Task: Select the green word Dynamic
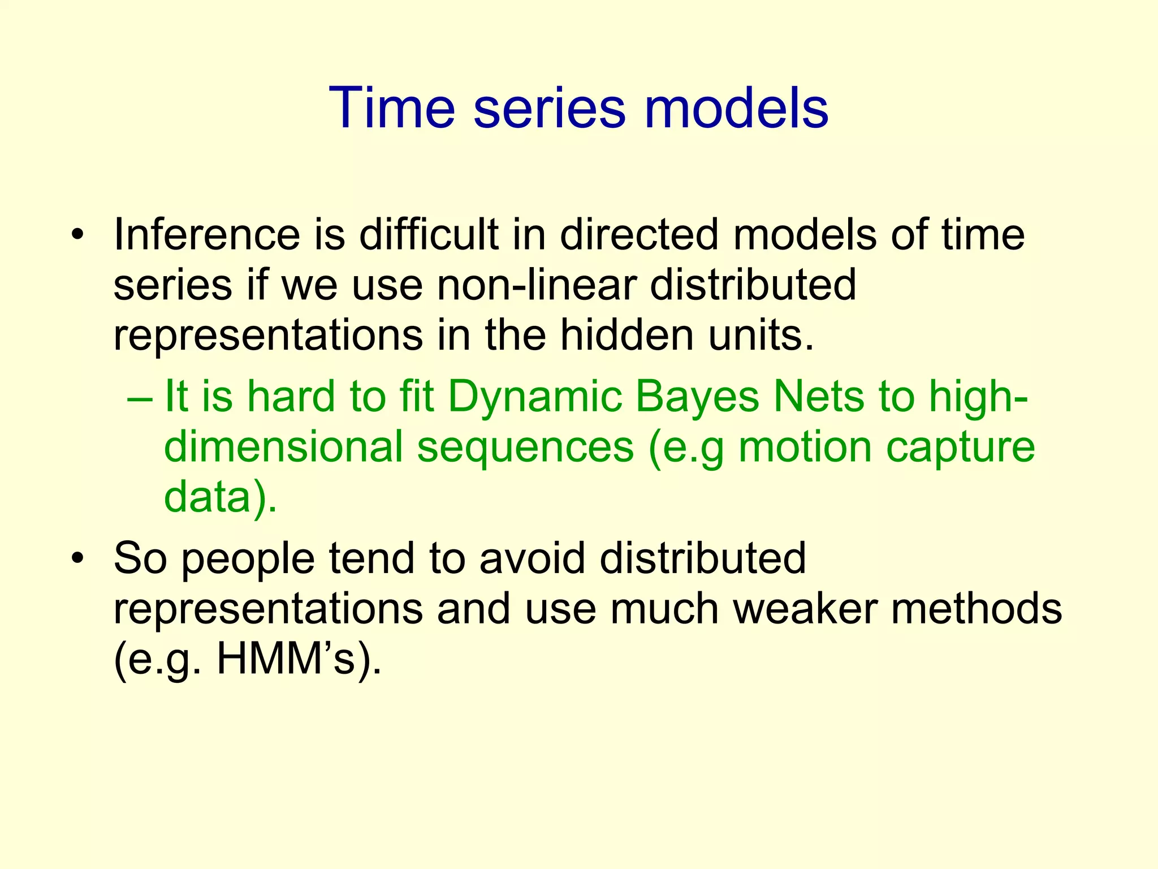[x=535, y=397]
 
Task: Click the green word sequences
[x=525, y=447]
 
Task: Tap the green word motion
[x=805, y=447]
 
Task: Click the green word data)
[x=221, y=497]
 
